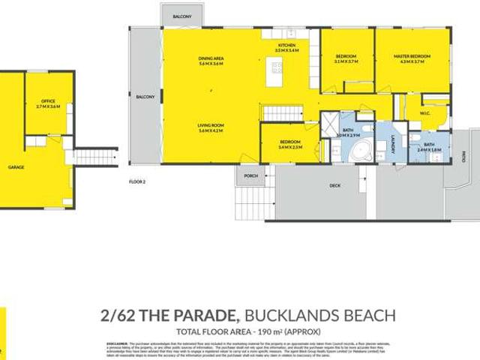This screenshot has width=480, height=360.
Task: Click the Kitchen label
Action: pyautogui.click(x=287, y=45)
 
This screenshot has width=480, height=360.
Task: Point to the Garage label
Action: pyautogui.click(x=15, y=167)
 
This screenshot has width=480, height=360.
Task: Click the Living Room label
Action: pyautogui.click(x=211, y=125)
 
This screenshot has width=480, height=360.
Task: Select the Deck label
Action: pyautogui.click(x=335, y=185)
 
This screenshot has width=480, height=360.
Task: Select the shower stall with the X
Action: pyautogui.click(x=328, y=124)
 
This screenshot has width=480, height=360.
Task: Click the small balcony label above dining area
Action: pyautogui.click(x=181, y=15)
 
